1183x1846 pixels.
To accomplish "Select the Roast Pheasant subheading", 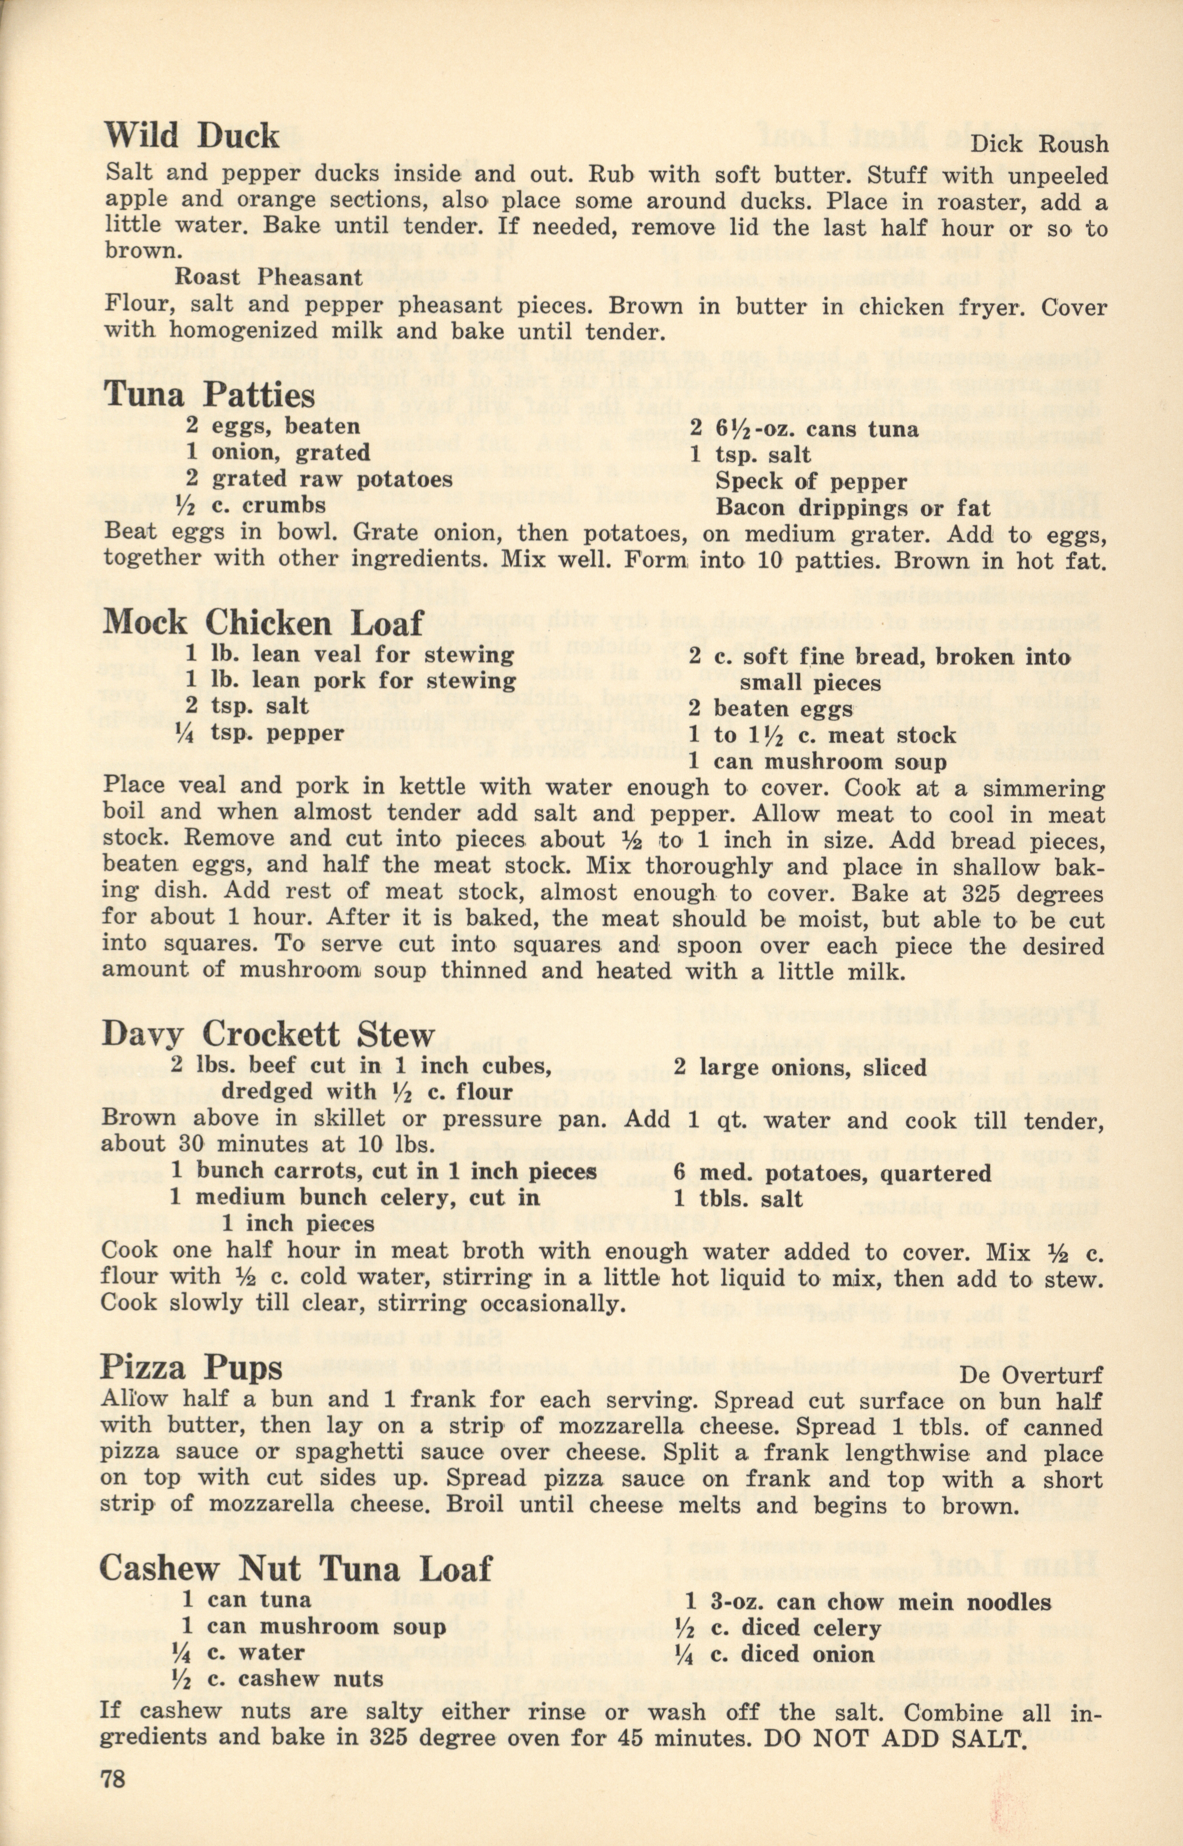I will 269,277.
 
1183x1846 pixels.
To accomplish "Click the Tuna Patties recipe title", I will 209,395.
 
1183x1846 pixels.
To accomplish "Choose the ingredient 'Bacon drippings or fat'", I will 853,508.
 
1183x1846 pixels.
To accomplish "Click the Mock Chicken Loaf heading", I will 263,623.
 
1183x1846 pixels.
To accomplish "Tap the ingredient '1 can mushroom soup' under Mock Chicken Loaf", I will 817,762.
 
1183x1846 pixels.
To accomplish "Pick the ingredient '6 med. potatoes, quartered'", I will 832,1173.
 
